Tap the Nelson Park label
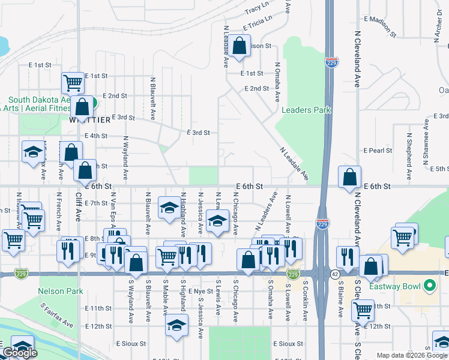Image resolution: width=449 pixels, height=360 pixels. click(x=59, y=291)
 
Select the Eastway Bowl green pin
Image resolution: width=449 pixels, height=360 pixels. click(x=429, y=286)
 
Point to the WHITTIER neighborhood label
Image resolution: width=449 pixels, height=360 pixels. click(x=89, y=119)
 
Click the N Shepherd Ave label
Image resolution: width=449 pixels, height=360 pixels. click(x=409, y=156)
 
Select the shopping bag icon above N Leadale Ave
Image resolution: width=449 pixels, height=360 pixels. click(x=239, y=47)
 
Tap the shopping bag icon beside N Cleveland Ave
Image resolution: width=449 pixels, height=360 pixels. click(x=349, y=178)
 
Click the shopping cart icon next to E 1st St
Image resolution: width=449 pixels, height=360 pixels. click(x=73, y=83)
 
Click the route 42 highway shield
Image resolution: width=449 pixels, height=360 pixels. click(x=334, y=273)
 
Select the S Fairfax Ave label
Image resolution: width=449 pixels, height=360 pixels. click(x=57, y=316)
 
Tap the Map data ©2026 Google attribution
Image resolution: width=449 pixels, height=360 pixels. click(x=411, y=355)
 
